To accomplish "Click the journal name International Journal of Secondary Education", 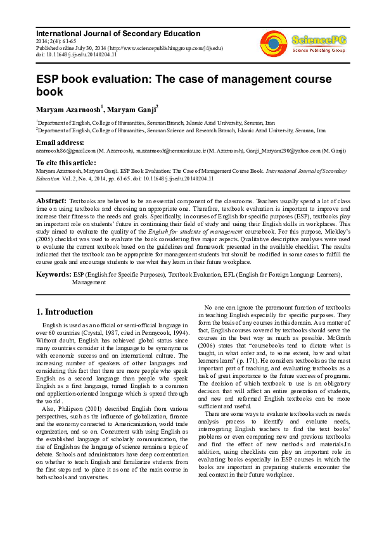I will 118,34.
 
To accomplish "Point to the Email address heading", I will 60,143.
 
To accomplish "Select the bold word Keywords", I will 54,274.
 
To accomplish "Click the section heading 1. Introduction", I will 65,311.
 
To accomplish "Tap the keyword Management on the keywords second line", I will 89,282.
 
